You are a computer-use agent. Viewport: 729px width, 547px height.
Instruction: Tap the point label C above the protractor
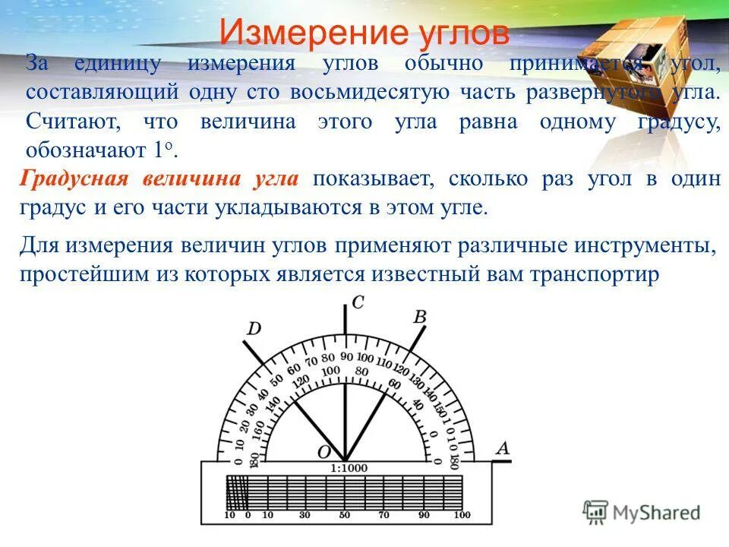tap(358, 303)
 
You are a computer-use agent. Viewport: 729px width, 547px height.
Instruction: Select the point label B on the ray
tap(418, 316)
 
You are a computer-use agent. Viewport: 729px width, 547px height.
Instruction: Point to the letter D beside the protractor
tap(254, 328)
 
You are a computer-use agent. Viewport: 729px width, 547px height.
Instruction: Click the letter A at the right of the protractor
tap(501, 448)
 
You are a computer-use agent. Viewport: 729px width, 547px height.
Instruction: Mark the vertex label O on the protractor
tap(323, 453)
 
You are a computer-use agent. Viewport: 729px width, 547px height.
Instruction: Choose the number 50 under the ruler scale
tap(345, 516)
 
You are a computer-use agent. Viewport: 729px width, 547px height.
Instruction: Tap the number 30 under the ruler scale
tap(305, 516)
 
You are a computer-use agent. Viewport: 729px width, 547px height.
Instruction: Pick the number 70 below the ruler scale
tap(384, 516)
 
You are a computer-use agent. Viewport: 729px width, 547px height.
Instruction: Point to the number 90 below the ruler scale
tap(423, 516)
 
